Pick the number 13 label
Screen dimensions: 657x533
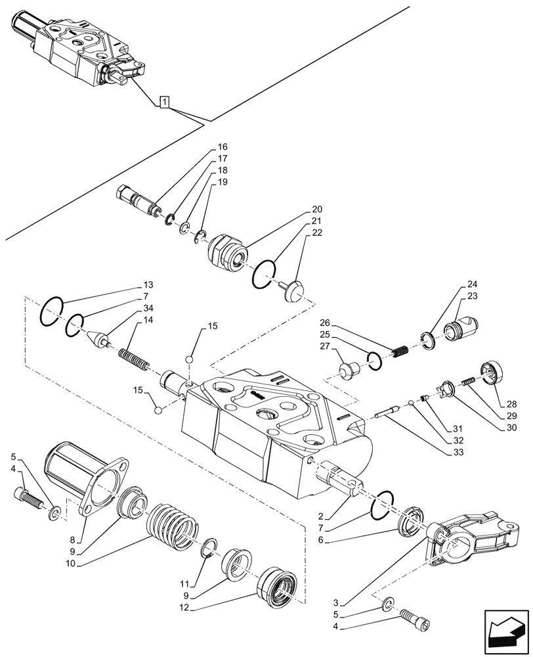point(148,286)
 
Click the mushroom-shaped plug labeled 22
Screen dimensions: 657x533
point(294,289)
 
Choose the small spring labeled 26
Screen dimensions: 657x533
point(399,353)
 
